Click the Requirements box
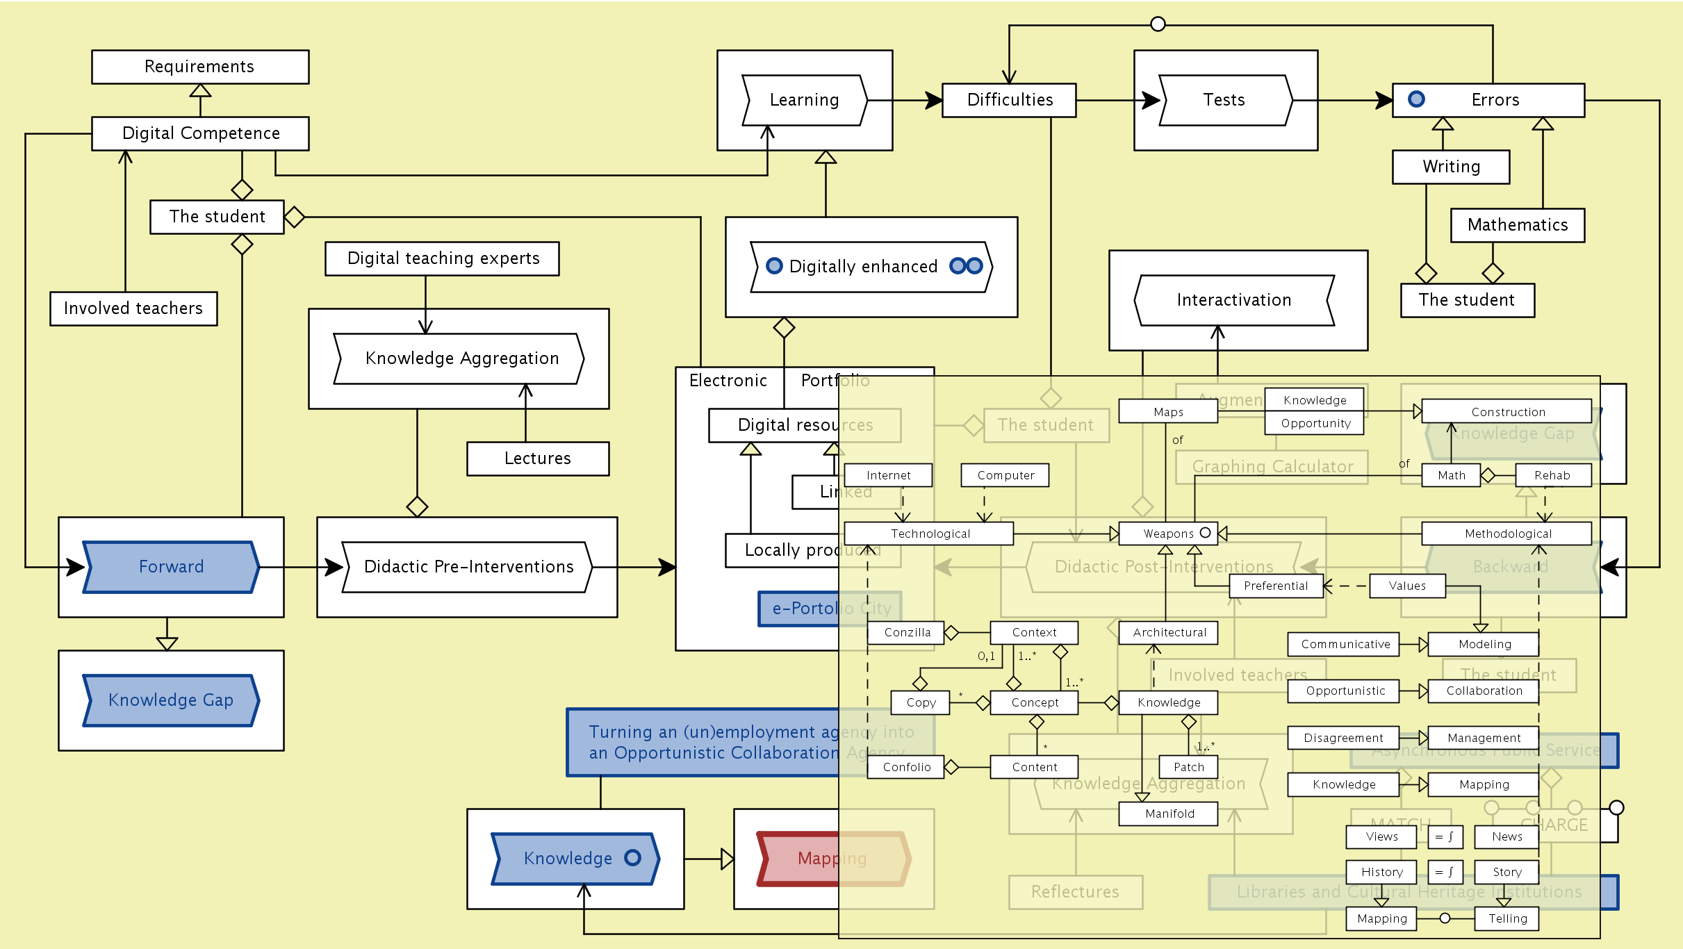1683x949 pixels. pos(200,67)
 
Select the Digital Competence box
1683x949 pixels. pos(200,133)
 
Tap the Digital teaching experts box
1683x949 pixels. pos(442,258)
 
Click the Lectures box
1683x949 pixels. pos(537,459)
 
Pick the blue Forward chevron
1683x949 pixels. pos(171,567)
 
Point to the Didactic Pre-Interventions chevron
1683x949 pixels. pos(468,567)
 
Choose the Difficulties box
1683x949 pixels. pos(1009,100)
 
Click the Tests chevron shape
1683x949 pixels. pos(1225,100)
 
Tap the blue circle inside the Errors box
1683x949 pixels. pos(1416,99)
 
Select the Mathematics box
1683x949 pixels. pos(1517,225)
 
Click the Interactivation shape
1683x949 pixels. pos(1233,300)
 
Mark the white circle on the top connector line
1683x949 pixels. pos(1158,24)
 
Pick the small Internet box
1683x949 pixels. pos(888,475)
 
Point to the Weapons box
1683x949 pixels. pos(1167,534)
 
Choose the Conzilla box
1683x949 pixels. pos(906,632)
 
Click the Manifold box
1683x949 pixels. pos(1169,814)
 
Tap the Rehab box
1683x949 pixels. pos(1552,475)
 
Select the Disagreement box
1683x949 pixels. pos(1343,738)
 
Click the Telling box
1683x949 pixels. pos(1507,918)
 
